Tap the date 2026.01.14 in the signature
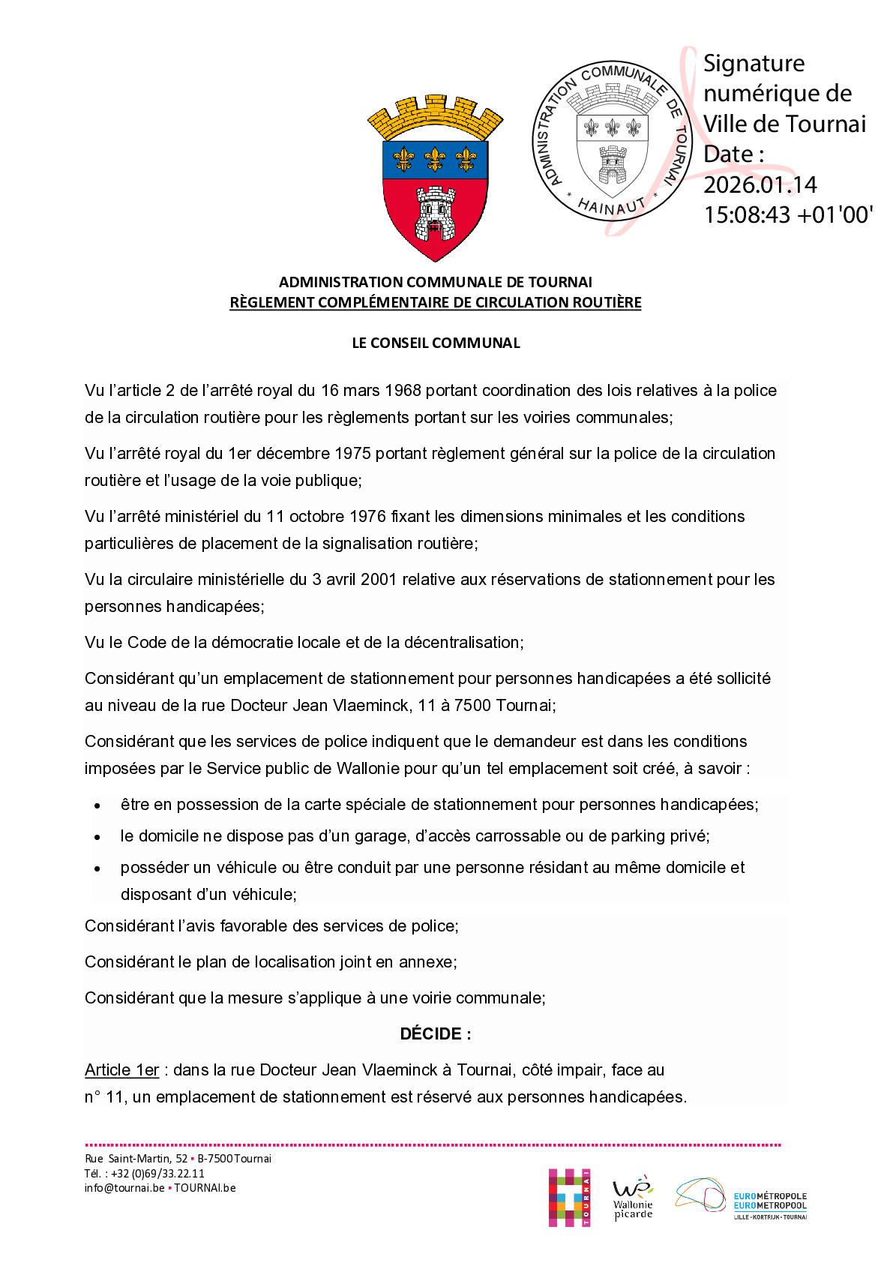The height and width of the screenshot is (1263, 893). [760, 184]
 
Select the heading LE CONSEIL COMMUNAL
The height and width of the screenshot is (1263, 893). [436, 343]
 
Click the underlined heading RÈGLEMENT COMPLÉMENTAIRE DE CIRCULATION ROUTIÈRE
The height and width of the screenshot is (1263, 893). [436, 303]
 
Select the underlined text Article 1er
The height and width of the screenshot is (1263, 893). [121, 1069]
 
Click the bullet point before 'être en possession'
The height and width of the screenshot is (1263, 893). [97, 805]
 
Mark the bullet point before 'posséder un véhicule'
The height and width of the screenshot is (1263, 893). [97, 868]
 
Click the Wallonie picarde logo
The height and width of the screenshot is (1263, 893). [633, 1198]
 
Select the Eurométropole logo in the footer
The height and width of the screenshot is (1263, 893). [741, 1198]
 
